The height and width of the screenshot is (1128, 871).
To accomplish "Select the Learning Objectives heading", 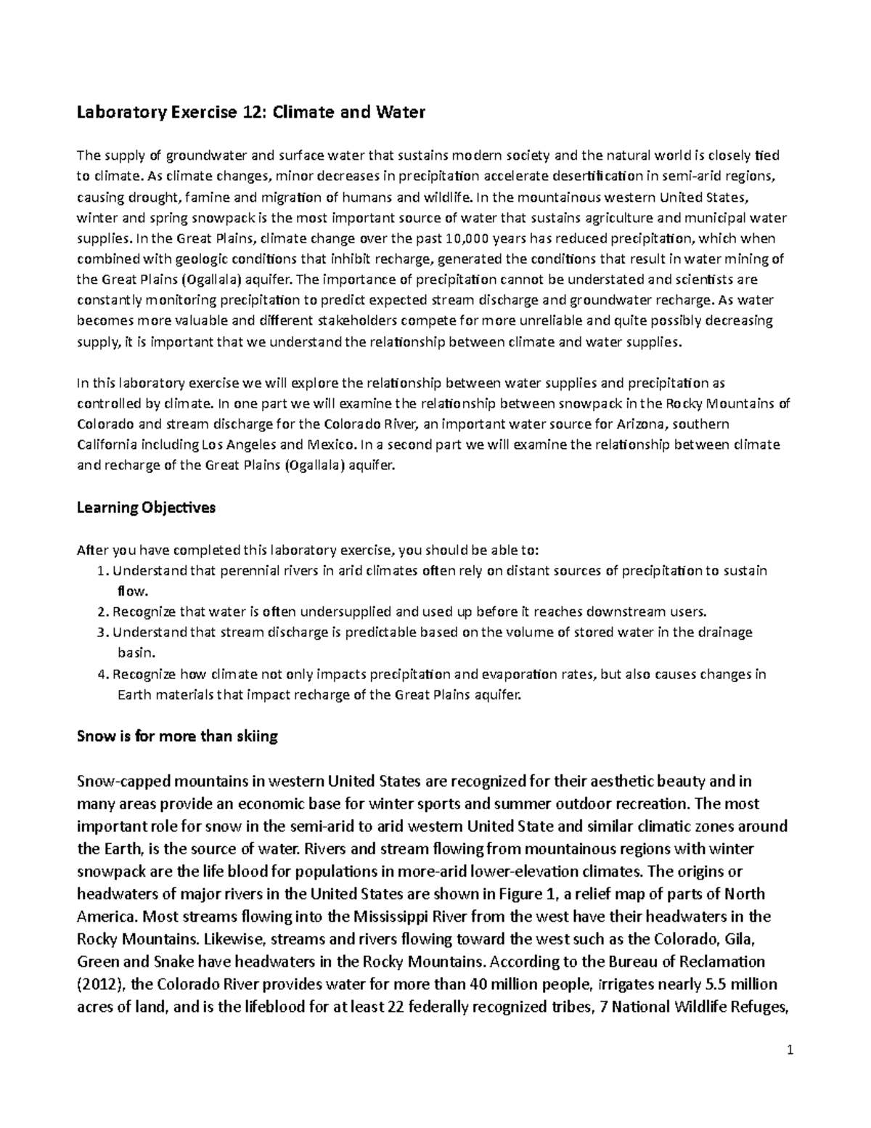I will point(146,508).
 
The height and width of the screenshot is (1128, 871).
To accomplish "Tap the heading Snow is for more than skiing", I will point(177,737).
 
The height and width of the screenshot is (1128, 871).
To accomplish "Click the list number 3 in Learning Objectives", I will point(101,632).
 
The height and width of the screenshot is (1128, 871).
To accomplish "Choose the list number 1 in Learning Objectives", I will point(101,571).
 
